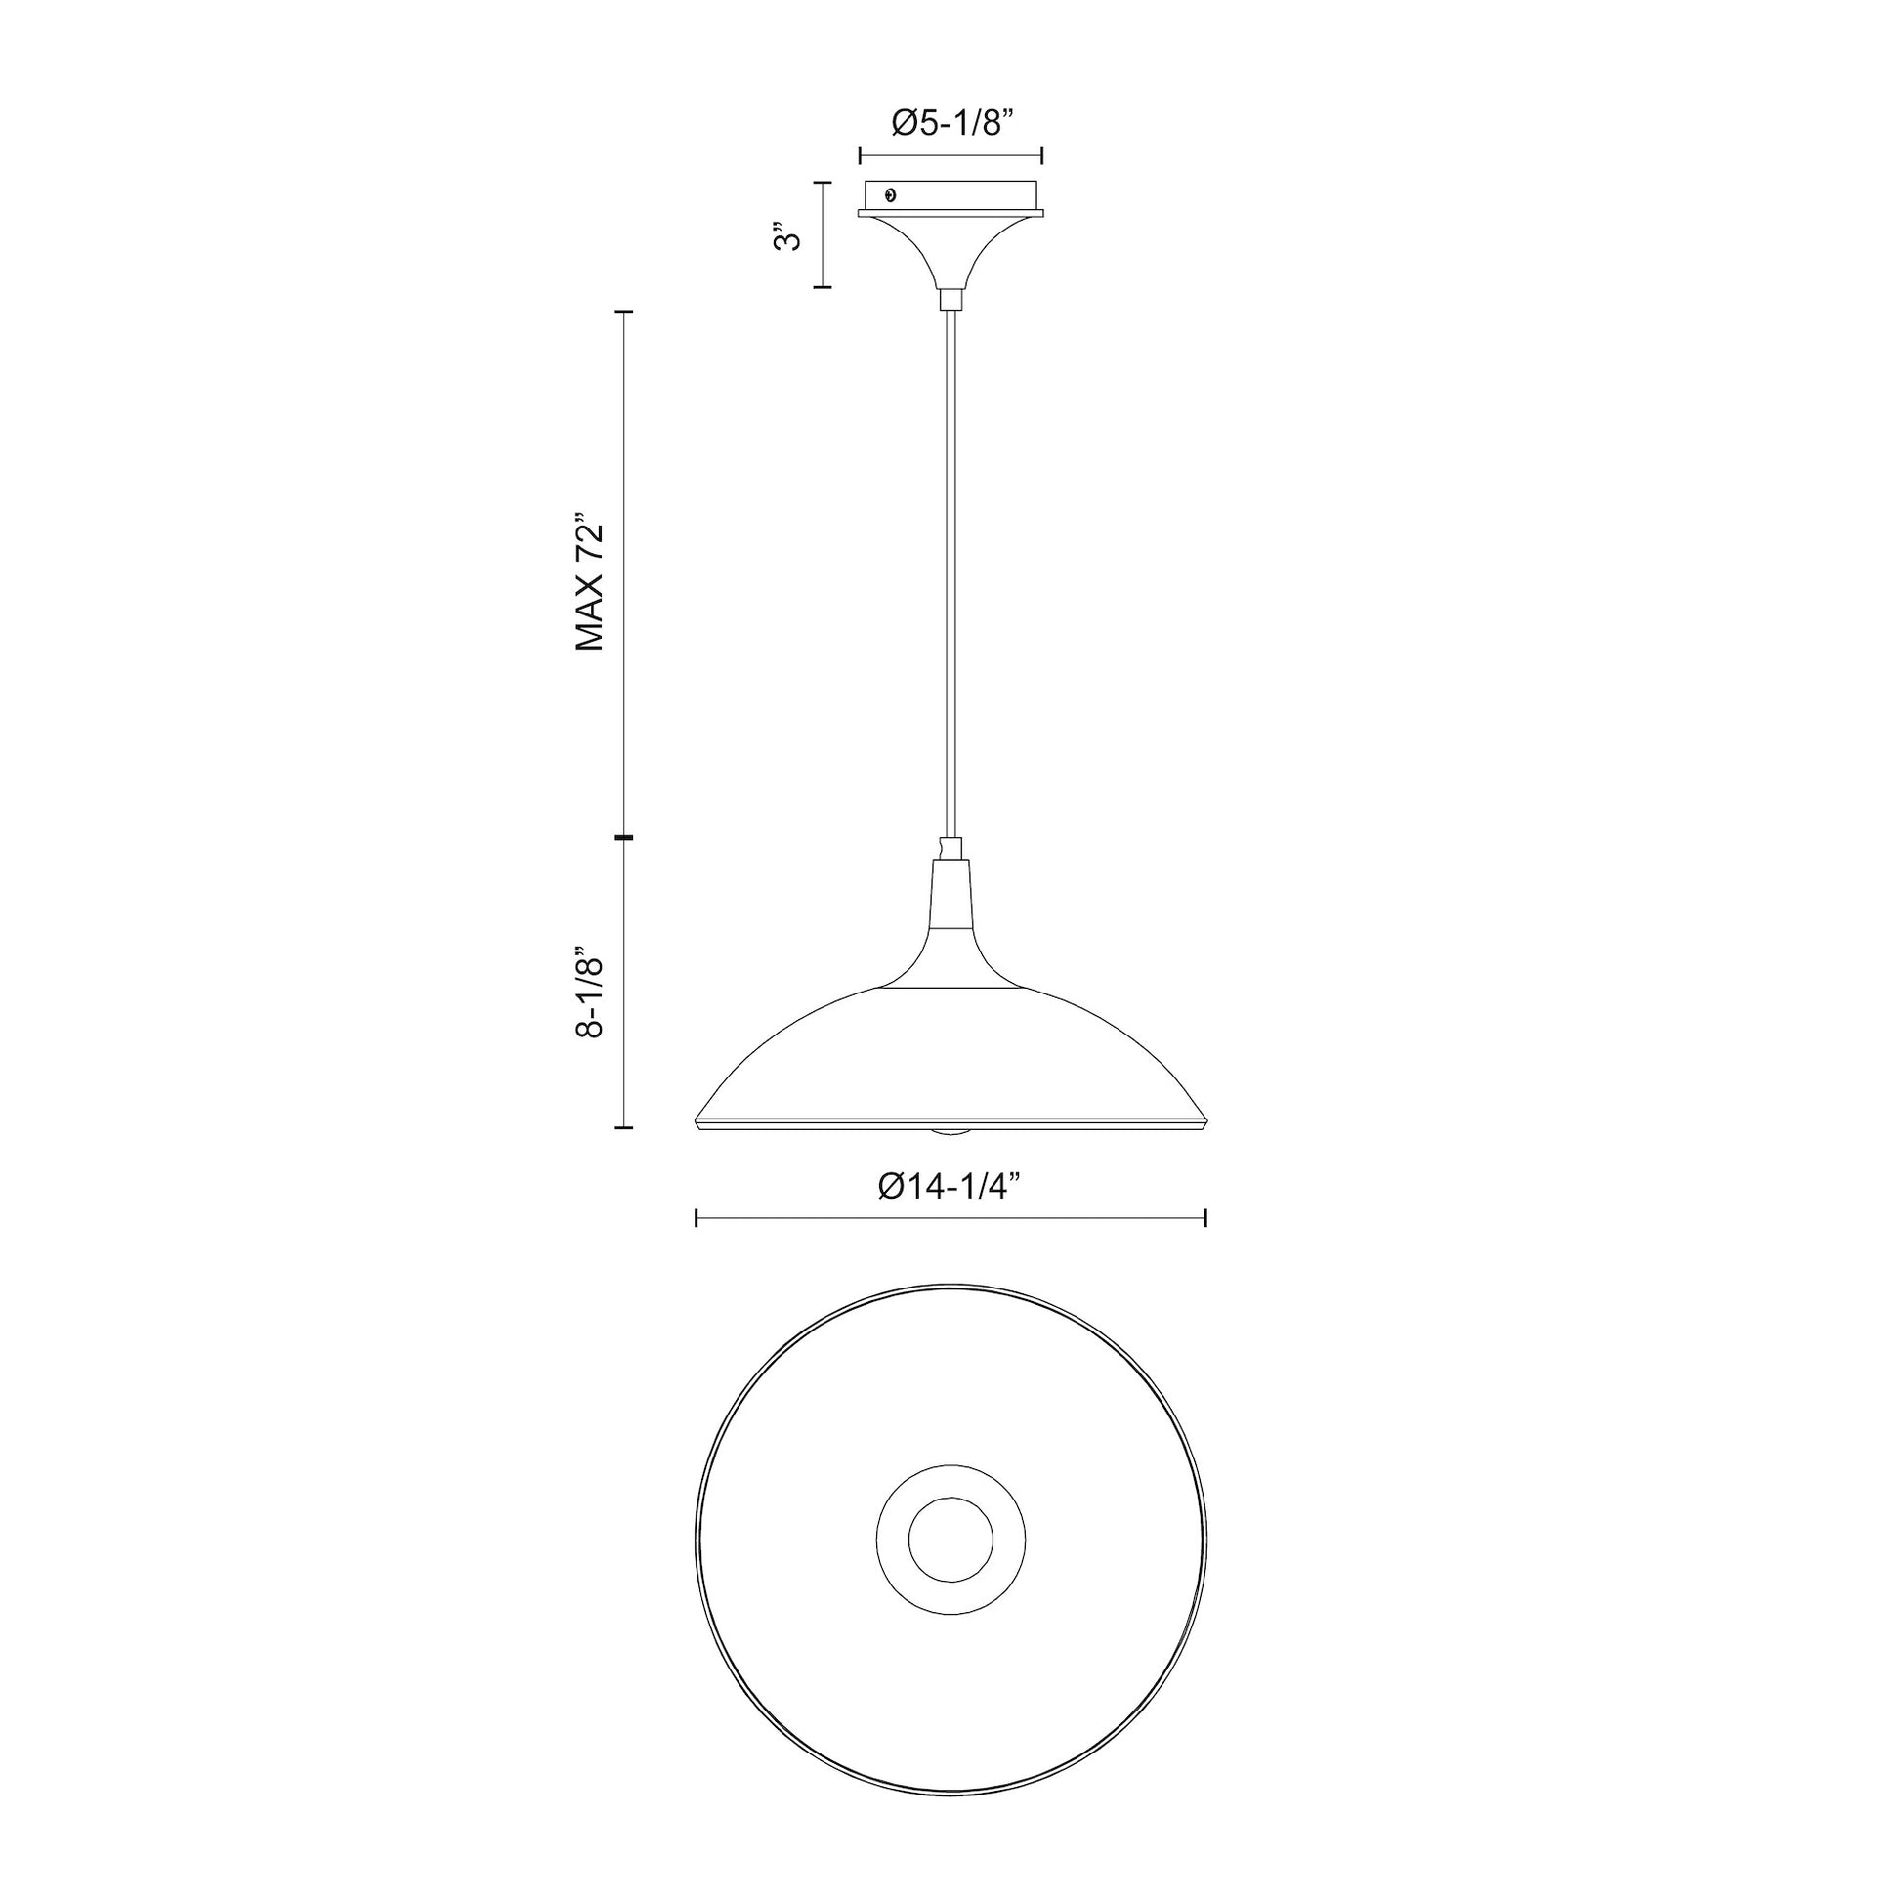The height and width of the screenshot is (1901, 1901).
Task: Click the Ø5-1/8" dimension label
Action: [x=950, y=123]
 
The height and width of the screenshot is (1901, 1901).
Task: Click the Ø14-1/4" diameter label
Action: [x=950, y=1187]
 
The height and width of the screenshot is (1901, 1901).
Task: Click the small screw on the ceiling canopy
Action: [x=892, y=194]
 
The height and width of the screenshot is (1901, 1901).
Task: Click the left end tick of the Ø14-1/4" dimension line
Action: [x=697, y=1219]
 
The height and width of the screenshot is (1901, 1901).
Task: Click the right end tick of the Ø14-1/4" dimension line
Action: [x=1205, y=1219]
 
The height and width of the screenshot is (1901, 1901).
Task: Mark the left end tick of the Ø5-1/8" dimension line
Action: [x=860, y=154]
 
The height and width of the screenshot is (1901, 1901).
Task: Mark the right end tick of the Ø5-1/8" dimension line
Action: [x=1042, y=154]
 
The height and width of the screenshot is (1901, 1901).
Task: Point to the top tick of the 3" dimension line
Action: [x=822, y=182]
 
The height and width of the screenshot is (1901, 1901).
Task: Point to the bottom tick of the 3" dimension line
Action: [x=822, y=287]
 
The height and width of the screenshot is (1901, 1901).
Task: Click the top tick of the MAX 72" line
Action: [x=624, y=311]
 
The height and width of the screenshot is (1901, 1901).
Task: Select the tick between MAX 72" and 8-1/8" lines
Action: [x=624, y=837]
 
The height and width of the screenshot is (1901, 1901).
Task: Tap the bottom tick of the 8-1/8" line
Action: [x=624, y=1127]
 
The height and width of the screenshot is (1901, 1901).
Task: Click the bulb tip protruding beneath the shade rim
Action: [x=950, y=1133]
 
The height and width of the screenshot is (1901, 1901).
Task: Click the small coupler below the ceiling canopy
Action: [x=950, y=299]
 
